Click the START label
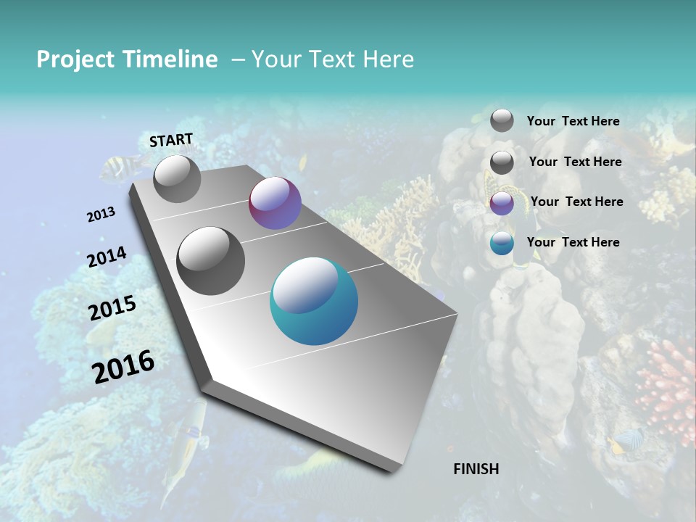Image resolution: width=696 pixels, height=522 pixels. coord(171,140)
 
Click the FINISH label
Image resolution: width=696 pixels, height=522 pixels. coord(476,469)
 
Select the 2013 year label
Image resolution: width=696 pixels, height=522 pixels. coord(101,215)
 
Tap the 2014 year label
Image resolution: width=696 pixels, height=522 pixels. coord(107,257)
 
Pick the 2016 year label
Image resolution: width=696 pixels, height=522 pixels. coord(123,365)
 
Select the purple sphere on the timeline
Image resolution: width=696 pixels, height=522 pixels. coord(275,203)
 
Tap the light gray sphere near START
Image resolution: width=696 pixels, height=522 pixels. coord(177,178)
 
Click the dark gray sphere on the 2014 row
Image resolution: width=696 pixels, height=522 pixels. coord(211,261)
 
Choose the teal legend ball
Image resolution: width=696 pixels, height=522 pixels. coord(502,243)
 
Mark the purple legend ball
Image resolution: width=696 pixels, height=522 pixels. coord(502,203)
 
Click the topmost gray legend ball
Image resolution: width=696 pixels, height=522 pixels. coord(502,120)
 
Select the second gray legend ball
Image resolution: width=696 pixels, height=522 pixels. coord(502,162)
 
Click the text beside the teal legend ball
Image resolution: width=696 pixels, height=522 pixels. coord(573,242)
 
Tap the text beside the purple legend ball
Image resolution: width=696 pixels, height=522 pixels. coord(576,202)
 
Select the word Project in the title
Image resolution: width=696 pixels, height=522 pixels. coord(76,59)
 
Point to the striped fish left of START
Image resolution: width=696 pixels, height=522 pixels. coord(117,170)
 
